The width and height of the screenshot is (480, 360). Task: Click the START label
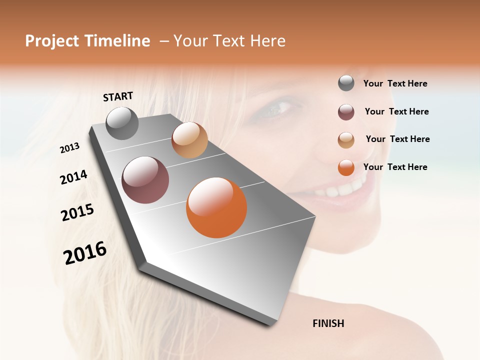pos(118,96)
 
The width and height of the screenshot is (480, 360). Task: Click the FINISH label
pos(328,323)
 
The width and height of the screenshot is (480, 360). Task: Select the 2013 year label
pos(70,147)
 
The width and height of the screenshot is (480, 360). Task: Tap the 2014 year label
pos(73,177)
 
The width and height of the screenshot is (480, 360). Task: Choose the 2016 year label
pos(85,252)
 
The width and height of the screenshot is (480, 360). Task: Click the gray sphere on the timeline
pos(122,123)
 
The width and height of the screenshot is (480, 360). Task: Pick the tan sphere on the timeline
pos(189,140)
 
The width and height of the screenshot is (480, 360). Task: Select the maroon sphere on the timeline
pos(145,180)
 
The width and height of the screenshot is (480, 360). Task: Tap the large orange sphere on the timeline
pos(216,207)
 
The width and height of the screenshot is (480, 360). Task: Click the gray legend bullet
pos(346,83)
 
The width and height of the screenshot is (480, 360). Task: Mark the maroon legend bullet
pos(346,112)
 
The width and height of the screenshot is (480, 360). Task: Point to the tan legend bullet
pos(346,140)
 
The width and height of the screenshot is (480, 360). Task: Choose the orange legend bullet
pos(346,167)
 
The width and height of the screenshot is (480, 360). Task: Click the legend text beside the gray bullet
pos(395,84)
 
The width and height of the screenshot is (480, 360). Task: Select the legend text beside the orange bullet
pos(395,167)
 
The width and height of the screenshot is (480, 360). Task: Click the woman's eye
pos(276,108)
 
